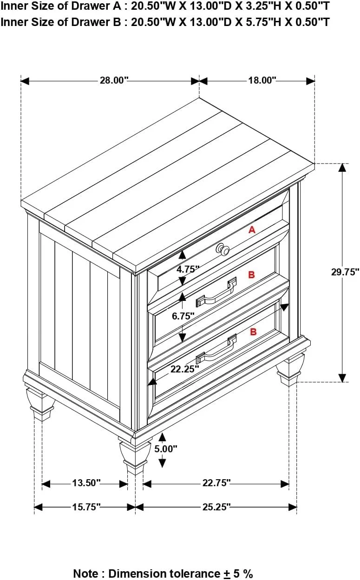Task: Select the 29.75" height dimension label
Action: (x=345, y=272)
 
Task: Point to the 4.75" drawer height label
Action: (x=188, y=268)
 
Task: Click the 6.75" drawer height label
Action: (x=183, y=316)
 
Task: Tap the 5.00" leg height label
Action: (x=166, y=449)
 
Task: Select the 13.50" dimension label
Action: (x=86, y=483)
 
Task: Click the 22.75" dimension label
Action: (x=216, y=483)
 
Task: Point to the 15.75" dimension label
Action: (x=86, y=507)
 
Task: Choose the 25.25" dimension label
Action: (x=216, y=507)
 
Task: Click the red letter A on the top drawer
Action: (x=252, y=229)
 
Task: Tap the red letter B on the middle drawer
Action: (x=251, y=275)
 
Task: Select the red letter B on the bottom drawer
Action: (x=253, y=332)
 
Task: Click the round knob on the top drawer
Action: (x=223, y=249)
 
